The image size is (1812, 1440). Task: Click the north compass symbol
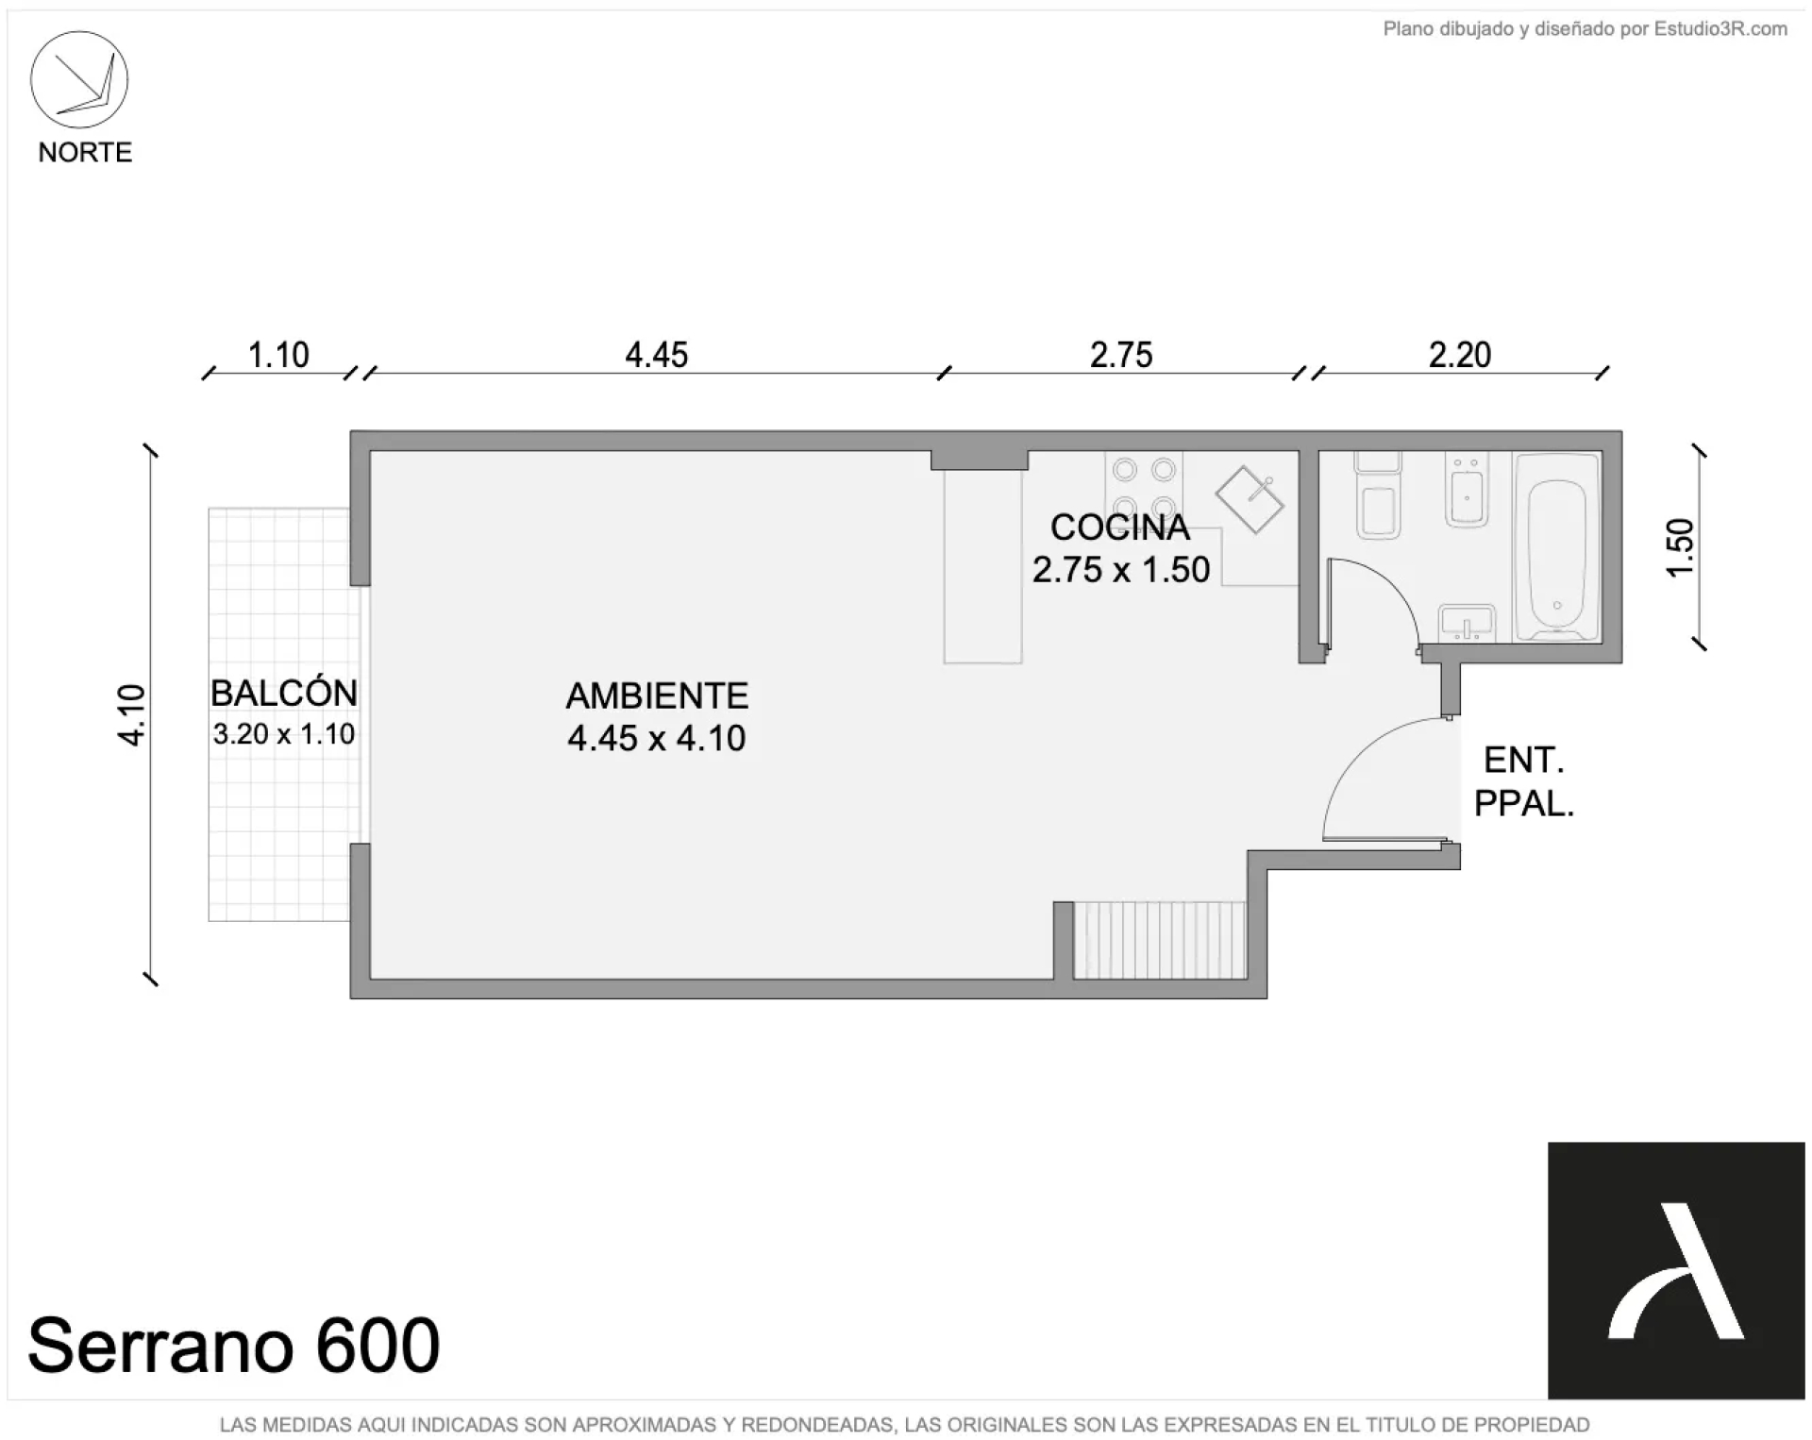tap(79, 80)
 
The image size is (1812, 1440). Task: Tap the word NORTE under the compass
tap(85, 153)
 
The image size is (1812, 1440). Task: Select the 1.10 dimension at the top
tap(278, 356)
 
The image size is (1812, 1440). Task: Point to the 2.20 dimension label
tap(1459, 356)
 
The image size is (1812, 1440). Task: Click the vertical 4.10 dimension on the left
tap(132, 715)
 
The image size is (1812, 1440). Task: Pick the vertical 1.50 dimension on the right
tap(1681, 547)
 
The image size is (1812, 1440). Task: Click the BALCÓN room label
tap(284, 694)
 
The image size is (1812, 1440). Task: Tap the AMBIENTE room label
tap(657, 696)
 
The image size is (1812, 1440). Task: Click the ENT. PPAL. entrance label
tap(1524, 781)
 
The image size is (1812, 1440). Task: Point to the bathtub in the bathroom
tap(1557, 547)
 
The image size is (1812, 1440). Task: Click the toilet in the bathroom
tap(1378, 495)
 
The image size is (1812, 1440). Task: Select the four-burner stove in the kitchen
tap(1144, 488)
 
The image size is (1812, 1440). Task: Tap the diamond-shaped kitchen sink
tap(1250, 498)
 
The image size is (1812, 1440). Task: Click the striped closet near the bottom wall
tap(1160, 940)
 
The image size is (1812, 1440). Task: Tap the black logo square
tap(1676, 1270)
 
